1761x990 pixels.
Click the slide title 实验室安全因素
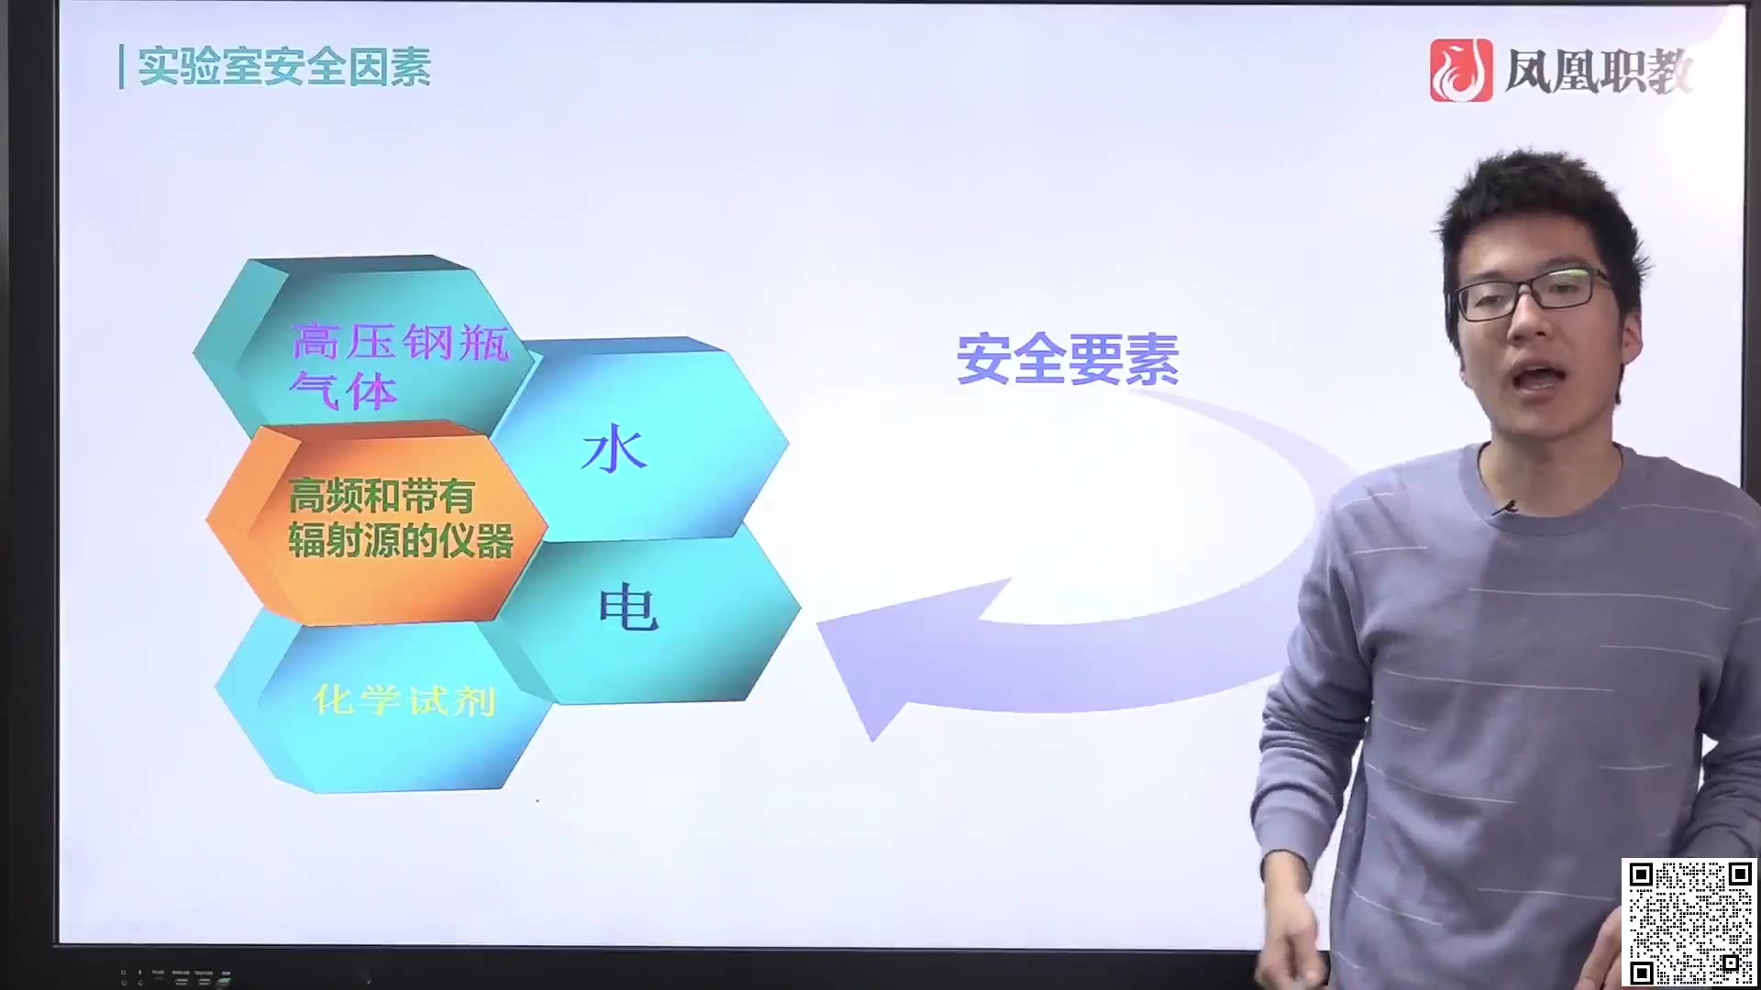click(x=284, y=67)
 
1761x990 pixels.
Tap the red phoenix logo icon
click(x=1460, y=71)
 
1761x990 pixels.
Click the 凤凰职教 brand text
click(x=1597, y=71)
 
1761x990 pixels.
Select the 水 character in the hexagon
click(x=614, y=450)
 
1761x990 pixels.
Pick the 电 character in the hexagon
click(x=628, y=608)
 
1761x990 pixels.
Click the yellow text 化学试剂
click(x=404, y=701)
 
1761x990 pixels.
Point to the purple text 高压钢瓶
click(x=400, y=343)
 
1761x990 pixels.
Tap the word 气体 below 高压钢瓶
click(x=343, y=391)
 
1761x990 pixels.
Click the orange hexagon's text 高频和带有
click(x=381, y=496)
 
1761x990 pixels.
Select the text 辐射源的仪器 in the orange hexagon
click(x=401, y=541)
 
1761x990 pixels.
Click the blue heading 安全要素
click(x=1068, y=359)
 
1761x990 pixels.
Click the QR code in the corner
click(x=1689, y=922)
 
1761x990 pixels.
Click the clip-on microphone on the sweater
click(x=1503, y=507)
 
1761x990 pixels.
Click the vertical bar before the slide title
click(x=121, y=67)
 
